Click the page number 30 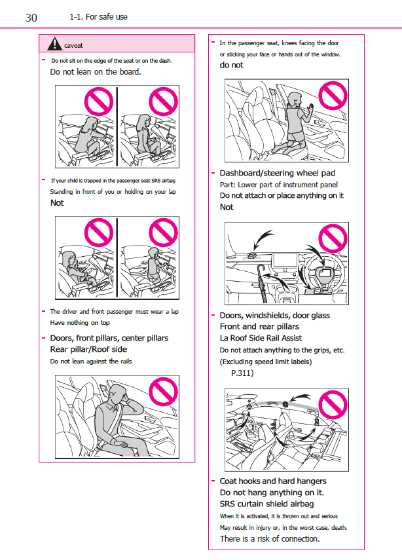[31, 18]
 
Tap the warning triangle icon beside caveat [54, 44]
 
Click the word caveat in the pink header [73, 45]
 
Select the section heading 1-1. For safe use [99, 17]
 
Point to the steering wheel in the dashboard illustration [323, 273]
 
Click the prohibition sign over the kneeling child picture [333, 96]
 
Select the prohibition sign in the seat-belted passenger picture [163, 392]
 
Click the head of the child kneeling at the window [295, 99]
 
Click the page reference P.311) [242, 373]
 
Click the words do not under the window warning [231, 65]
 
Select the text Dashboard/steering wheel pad [278, 173]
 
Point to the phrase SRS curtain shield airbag [266, 504]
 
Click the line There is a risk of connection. [270, 538]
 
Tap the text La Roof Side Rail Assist [261, 338]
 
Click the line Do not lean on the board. [96, 72]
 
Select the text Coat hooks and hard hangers [273, 481]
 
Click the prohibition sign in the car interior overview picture [333, 405]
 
